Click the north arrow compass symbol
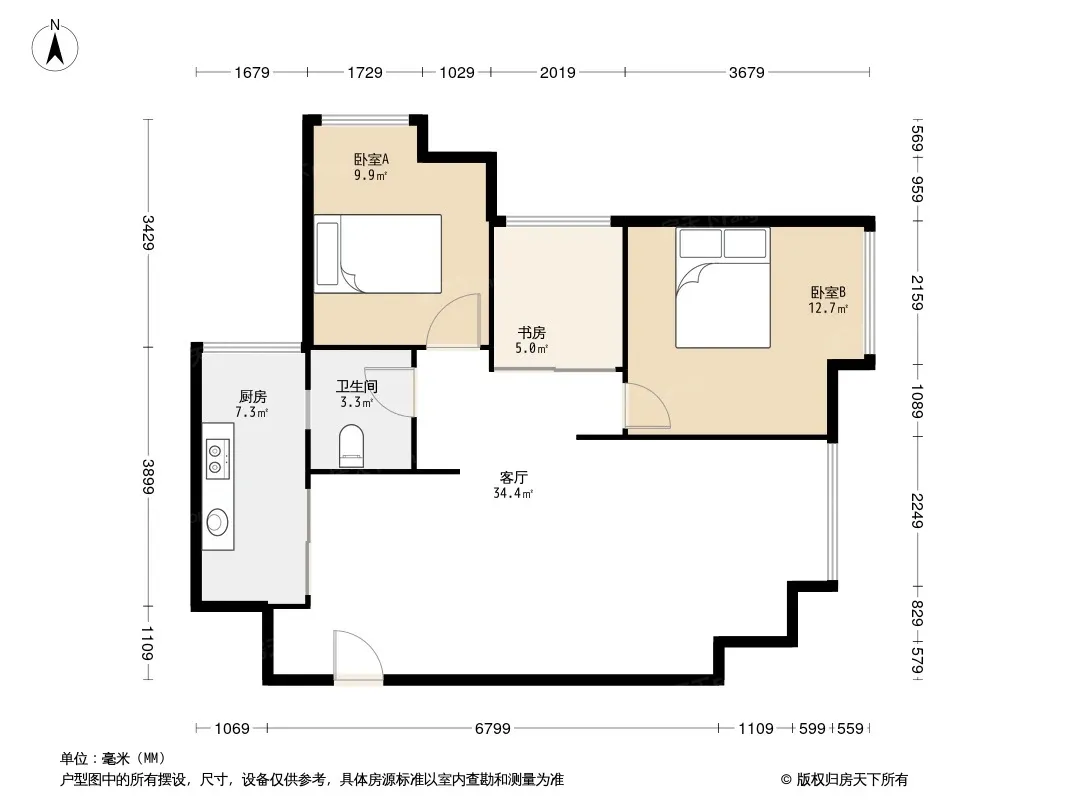(x=55, y=46)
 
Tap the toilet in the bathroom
(x=351, y=447)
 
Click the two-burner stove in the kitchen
(x=218, y=459)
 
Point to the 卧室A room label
(x=371, y=160)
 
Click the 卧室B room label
(x=828, y=292)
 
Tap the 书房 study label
(x=532, y=332)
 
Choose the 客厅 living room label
(x=513, y=477)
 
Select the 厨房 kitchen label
(x=252, y=396)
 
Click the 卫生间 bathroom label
(x=357, y=386)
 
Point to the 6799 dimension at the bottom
(x=492, y=729)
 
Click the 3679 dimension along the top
(x=746, y=72)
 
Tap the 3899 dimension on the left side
(x=148, y=476)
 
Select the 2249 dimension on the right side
(x=917, y=510)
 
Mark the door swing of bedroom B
(x=647, y=406)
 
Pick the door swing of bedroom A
(x=453, y=319)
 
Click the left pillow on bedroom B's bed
(x=700, y=243)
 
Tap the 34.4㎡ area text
(x=513, y=493)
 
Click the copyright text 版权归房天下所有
(x=852, y=780)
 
